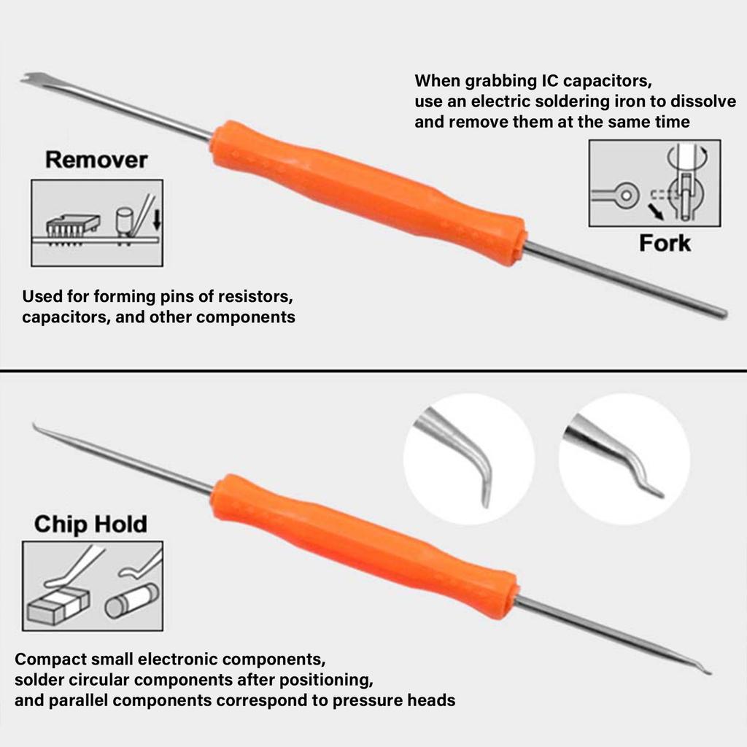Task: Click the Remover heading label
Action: coord(96,160)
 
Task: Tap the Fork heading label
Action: coord(664,243)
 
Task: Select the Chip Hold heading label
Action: coord(90,524)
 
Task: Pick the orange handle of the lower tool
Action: coord(365,544)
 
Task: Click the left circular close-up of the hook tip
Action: coord(468,459)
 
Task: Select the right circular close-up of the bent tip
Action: coord(624,459)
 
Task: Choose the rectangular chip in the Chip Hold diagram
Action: coord(58,605)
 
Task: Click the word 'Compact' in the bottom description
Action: coord(50,659)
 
